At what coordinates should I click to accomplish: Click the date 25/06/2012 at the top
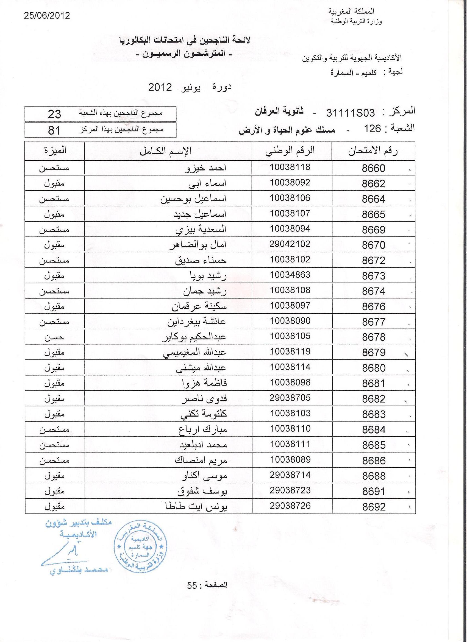click(x=47, y=16)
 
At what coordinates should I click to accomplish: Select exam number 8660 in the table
click(x=374, y=168)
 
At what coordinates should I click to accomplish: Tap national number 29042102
click(x=290, y=244)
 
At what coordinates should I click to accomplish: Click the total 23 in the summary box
click(x=54, y=114)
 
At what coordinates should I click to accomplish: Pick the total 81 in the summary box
click(x=54, y=130)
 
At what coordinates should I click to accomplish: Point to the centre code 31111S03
click(x=350, y=113)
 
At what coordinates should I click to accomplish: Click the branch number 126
click(x=373, y=129)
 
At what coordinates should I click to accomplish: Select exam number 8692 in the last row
click(x=374, y=507)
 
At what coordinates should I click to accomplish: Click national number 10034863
click(x=290, y=275)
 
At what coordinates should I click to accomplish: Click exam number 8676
click(x=374, y=306)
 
